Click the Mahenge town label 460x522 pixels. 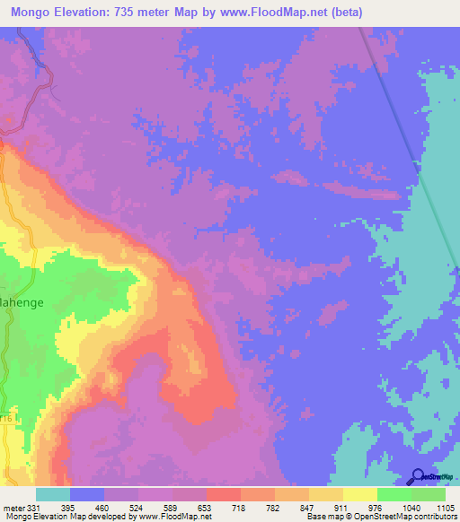click(x=20, y=303)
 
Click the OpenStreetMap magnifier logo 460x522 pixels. click(x=418, y=477)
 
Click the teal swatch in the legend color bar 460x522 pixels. click(x=53, y=494)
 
